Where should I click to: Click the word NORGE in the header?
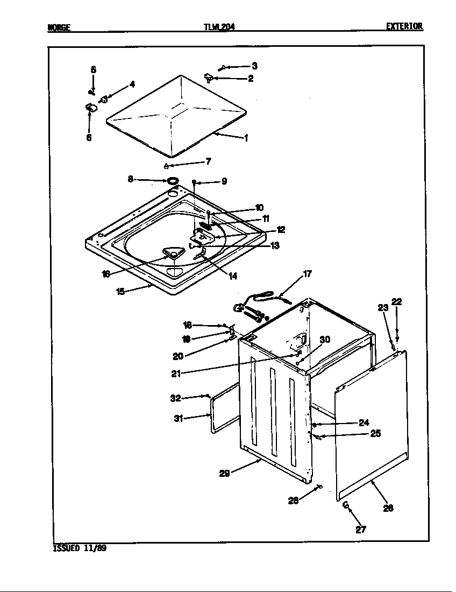tap(59, 26)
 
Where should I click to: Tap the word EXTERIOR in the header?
tap(404, 26)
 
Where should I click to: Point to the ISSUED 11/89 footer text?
tap(76, 548)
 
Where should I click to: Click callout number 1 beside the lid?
tap(246, 138)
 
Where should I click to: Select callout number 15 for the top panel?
tap(120, 291)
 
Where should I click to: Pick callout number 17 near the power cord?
tap(307, 274)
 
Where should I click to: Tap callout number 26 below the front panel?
tap(388, 508)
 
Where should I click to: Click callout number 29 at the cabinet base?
tap(225, 474)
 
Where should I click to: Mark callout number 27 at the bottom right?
tap(360, 529)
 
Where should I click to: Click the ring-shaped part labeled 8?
tap(173, 180)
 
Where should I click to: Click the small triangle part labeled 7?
tap(167, 165)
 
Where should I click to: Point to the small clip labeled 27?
tap(346, 505)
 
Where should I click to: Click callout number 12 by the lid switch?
tap(281, 229)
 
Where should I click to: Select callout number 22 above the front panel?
tap(396, 301)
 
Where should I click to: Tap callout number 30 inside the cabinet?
tap(325, 340)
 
